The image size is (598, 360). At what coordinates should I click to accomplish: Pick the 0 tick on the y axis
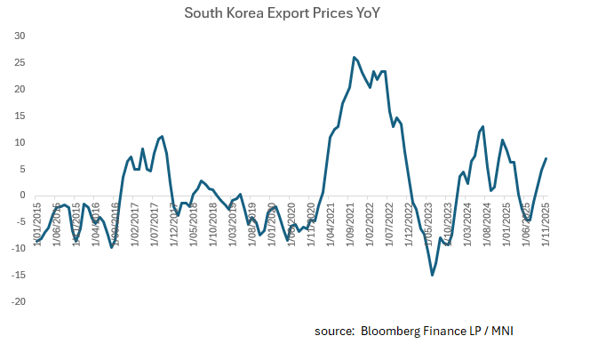tap(23, 196)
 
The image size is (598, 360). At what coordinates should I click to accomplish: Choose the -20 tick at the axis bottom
tap(18, 302)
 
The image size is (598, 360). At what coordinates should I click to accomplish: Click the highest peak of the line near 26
tap(354, 57)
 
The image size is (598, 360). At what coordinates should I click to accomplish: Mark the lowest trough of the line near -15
tap(432, 275)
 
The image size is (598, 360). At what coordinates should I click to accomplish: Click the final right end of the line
tap(546, 158)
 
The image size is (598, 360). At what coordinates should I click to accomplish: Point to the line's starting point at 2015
tap(36, 240)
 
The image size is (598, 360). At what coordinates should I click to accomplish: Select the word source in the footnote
tap(334, 332)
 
